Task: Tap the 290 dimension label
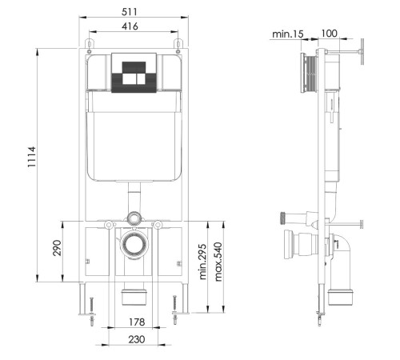click(x=57, y=250)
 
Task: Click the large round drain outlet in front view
click(x=134, y=245)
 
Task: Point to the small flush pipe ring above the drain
click(x=134, y=217)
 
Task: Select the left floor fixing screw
click(x=93, y=311)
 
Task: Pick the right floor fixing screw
click(x=175, y=311)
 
